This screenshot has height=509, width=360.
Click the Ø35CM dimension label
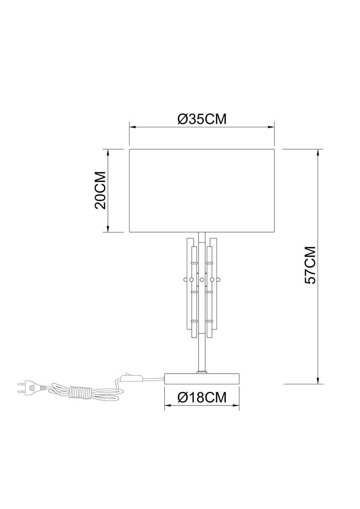[202, 119]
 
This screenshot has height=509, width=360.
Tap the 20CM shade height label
[100, 190]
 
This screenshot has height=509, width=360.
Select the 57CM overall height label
[310, 265]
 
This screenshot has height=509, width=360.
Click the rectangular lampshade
[202, 190]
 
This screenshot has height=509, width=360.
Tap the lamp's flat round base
[202, 378]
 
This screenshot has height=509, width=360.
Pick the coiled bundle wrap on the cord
[79, 392]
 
